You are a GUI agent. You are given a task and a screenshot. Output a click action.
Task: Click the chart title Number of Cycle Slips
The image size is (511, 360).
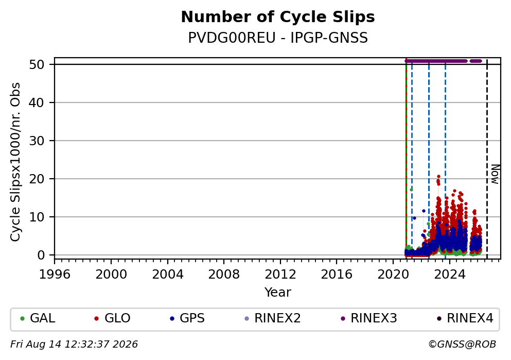tap(278, 17)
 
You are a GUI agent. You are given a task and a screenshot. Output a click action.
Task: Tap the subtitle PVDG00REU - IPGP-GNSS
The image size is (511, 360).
tap(278, 38)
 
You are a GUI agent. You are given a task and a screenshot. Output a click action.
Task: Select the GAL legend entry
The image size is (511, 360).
tap(38, 318)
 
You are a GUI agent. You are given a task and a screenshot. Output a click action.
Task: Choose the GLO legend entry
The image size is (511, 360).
tap(112, 318)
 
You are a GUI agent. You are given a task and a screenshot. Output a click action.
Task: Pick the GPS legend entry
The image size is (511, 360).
tap(187, 318)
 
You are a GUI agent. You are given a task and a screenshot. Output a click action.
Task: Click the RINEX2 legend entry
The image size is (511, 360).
tap(272, 318)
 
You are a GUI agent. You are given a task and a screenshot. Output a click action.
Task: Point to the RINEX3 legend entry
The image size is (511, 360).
tap(369, 318)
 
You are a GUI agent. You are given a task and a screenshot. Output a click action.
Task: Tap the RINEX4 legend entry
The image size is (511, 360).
tap(465, 318)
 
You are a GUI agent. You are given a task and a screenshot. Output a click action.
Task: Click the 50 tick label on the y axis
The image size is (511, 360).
tap(37, 64)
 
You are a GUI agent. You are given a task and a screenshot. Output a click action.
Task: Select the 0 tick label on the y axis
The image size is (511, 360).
tap(41, 255)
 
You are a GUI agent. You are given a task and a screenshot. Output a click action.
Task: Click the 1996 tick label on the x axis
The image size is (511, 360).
tap(55, 275)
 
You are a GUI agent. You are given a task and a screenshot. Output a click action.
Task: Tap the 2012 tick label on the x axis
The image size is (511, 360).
tap(280, 275)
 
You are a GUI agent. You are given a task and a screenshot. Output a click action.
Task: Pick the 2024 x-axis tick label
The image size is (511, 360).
tap(450, 275)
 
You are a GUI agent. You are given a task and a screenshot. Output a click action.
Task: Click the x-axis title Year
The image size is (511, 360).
tap(278, 292)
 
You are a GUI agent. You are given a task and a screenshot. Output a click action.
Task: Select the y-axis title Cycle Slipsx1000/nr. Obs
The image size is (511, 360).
tap(15, 162)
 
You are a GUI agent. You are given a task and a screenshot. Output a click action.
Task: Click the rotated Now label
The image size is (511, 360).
tap(495, 174)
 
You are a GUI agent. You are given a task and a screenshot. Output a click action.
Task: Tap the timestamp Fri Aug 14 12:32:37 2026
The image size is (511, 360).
tap(74, 345)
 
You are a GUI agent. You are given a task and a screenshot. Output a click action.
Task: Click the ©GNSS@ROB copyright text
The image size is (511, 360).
tap(462, 345)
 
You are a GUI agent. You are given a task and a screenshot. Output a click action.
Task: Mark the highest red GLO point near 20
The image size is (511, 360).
tap(438, 177)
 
